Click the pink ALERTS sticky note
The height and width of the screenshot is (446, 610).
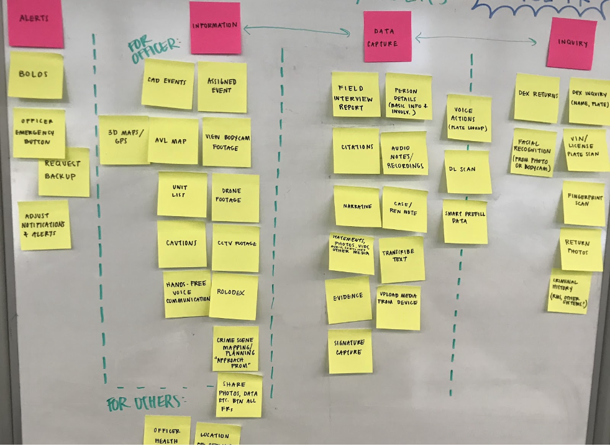tap(35, 22)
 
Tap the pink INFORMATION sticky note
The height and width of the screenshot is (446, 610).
tap(215, 27)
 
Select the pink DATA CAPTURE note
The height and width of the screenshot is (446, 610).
tap(387, 37)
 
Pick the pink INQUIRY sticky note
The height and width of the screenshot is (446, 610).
tap(571, 43)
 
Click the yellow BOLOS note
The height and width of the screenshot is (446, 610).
tap(35, 75)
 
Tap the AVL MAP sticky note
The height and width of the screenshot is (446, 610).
tap(173, 141)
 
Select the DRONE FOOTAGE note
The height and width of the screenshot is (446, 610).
tap(235, 198)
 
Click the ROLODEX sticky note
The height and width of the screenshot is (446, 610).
tap(233, 296)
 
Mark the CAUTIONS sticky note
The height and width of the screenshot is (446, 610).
tap(181, 244)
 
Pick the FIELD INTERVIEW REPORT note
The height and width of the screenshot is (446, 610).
tap(355, 94)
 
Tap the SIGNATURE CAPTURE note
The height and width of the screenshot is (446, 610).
tap(350, 351)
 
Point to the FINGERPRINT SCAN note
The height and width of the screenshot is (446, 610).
tap(584, 203)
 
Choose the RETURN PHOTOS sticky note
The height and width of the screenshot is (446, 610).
tap(581, 249)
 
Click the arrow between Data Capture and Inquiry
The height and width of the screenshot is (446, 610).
tap(476, 39)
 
